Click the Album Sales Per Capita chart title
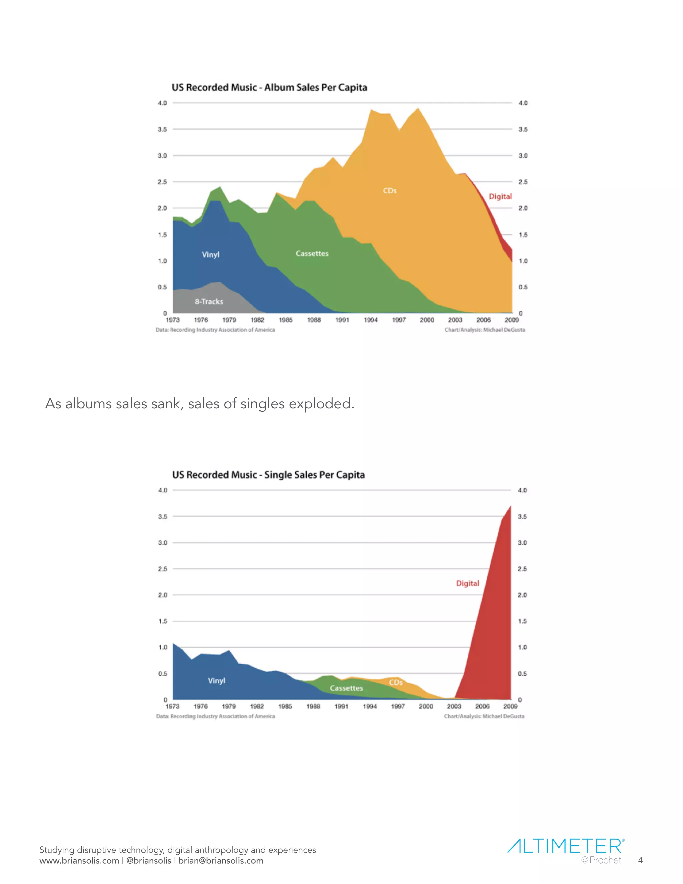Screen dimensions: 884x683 point(269,87)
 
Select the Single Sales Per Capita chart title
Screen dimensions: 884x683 point(268,475)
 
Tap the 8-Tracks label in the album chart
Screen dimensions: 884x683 point(209,302)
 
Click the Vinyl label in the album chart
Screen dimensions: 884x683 point(210,254)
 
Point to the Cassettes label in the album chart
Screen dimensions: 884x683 point(312,254)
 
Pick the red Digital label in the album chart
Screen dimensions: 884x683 point(500,197)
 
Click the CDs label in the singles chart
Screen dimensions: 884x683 point(395,682)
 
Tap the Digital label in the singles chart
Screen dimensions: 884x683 point(467,583)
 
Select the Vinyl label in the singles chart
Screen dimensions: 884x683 point(216,681)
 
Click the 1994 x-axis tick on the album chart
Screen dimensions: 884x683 point(370,320)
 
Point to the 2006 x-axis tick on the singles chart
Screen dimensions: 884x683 point(482,706)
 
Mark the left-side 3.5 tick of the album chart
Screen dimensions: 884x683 point(162,129)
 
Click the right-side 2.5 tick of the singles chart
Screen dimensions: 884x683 point(522,569)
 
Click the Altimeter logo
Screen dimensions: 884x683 point(565,846)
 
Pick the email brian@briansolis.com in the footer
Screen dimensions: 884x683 point(221,861)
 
